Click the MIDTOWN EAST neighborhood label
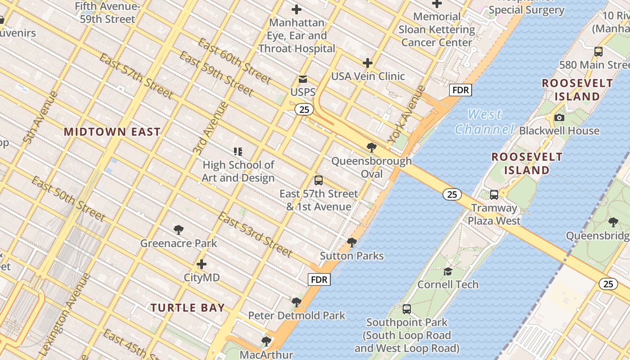pyautogui.click(x=112, y=132)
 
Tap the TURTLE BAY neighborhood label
pyautogui.click(x=187, y=308)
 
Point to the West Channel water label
pyautogui.click(x=484, y=122)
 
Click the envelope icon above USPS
pyautogui.click(x=303, y=79)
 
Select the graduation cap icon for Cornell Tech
pyautogui.click(x=448, y=271)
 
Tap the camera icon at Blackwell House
pyautogui.click(x=559, y=117)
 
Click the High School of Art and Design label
pyautogui.click(x=238, y=171)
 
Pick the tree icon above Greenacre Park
pyautogui.click(x=179, y=230)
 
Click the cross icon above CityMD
pyautogui.click(x=202, y=264)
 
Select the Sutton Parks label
pyautogui.click(x=351, y=256)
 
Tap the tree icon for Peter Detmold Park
pyautogui.click(x=296, y=302)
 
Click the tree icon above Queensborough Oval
pyautogui.click(x=371, y=147)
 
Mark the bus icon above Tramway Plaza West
pyautogui.click(x=494, y=195)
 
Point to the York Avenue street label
pyautogui.click(x=406, y=114)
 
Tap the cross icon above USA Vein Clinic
pyautogui.click(x=368, y=63)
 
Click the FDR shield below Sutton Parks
pyautogui.click(x=319, y=279)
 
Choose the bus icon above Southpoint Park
pyautogui.click(x=407, y=309)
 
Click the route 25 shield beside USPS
pyautogui.click(x=304, y=109)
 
